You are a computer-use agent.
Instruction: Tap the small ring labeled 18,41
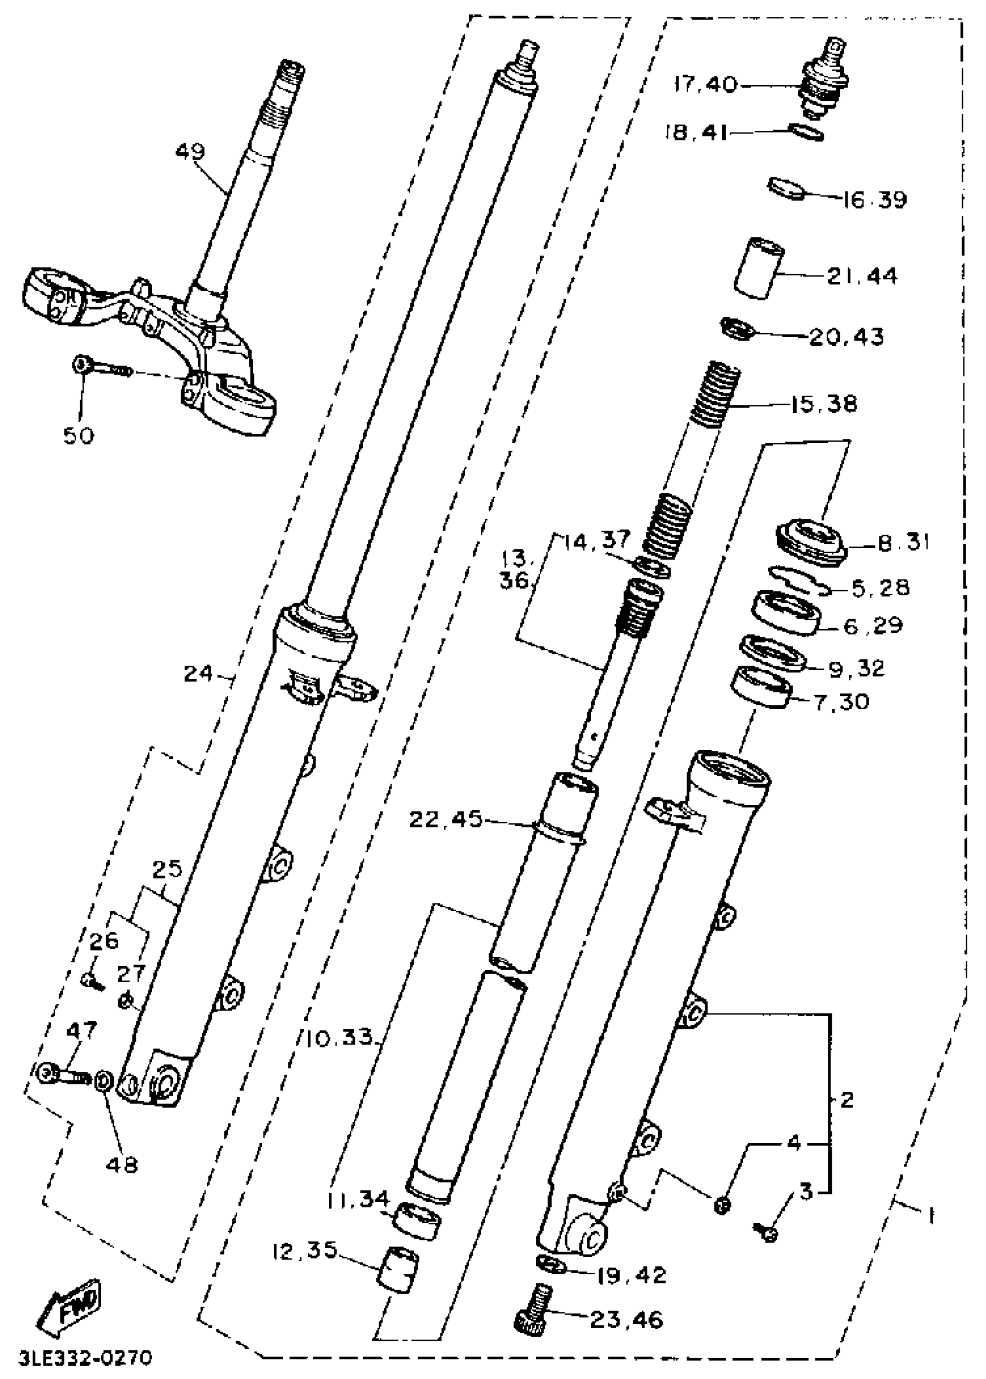[806, 132]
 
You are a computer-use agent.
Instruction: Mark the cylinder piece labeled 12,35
[398, 1267]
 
